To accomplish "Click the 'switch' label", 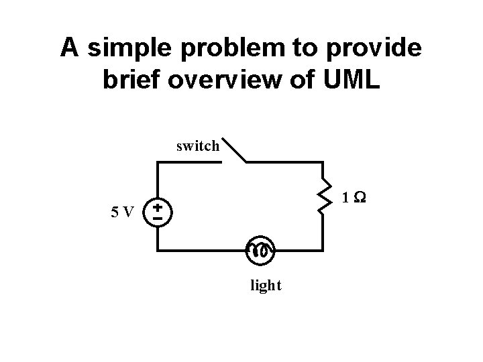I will (197, 145).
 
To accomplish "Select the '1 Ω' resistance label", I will (353, 198).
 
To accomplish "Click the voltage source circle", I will (158, 213).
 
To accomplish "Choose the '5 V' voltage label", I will (123, 213).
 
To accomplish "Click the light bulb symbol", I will (260, 250).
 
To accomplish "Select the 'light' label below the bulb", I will (266, 286).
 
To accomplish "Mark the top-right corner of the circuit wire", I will (324, 162).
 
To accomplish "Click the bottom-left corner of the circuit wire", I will (158, 250).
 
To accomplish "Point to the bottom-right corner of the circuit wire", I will (324, 250).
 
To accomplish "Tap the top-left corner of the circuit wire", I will (158, 162).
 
